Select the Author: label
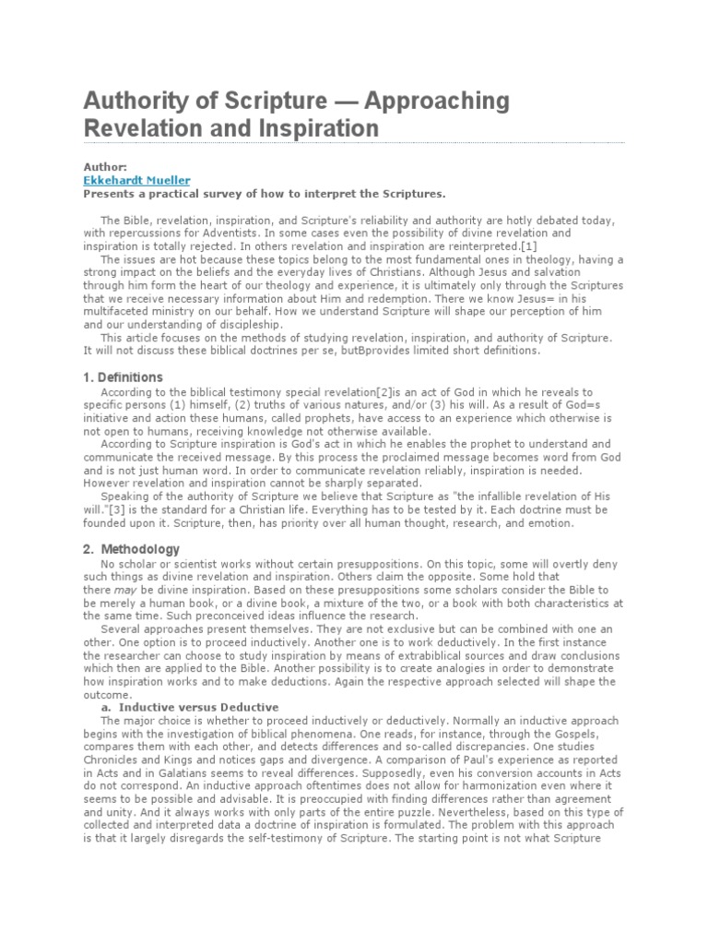point(105,168)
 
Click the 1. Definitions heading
point(124,377)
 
